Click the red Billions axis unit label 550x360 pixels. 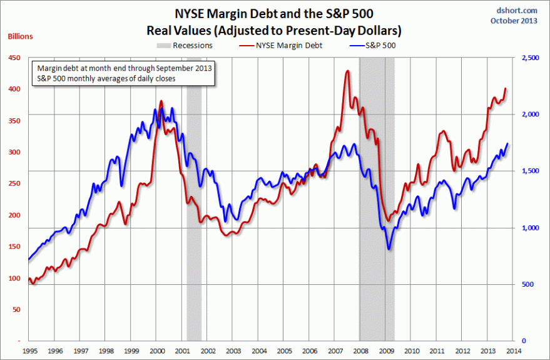(20, 36)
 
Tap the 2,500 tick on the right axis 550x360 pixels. (529, 58)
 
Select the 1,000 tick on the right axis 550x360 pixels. (529, 228)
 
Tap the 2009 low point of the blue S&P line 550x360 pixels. (389, 249)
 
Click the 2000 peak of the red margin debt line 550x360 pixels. (161, 101)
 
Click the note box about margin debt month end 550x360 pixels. (125, 73)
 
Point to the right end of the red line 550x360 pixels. (506, 89)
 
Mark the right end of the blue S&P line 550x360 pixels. (507, 144)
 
